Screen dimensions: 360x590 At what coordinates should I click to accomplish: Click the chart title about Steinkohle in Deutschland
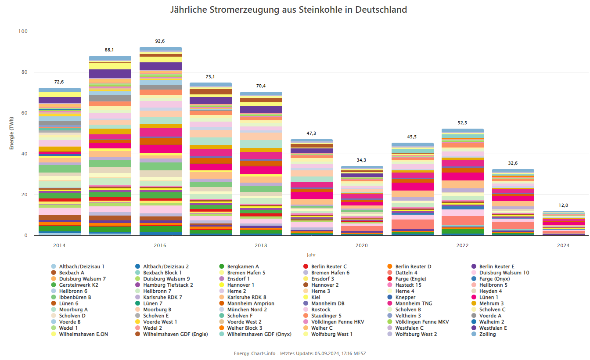coord(288,10)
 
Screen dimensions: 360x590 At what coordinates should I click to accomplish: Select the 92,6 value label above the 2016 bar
coord(160,41)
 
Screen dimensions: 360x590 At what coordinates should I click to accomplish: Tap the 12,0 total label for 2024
coord(563,205)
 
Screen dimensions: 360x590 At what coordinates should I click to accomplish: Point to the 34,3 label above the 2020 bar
coord(361,160)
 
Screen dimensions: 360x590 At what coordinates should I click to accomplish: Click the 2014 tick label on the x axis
coord(59,245)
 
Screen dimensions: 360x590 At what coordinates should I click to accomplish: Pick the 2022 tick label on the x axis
coord(462,245)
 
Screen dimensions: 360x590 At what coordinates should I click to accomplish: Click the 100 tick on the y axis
coord(23,31)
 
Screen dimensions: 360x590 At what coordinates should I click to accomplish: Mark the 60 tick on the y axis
coord(24,113)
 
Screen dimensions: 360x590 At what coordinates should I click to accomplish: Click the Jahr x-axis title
coord(311,255)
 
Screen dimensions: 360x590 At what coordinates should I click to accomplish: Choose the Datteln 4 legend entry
coord(406,273)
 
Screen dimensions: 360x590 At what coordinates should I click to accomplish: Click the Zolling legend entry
coord(487,334)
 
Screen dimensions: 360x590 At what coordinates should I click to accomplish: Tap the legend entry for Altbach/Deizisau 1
coord(81,266)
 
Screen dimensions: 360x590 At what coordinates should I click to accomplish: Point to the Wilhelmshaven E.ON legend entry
coord(83,334)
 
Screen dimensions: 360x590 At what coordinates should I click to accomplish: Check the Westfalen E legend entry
coord(493,328)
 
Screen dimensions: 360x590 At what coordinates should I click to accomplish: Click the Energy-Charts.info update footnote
coord(300,353)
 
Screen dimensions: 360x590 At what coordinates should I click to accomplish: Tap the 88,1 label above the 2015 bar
coord(109,50)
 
